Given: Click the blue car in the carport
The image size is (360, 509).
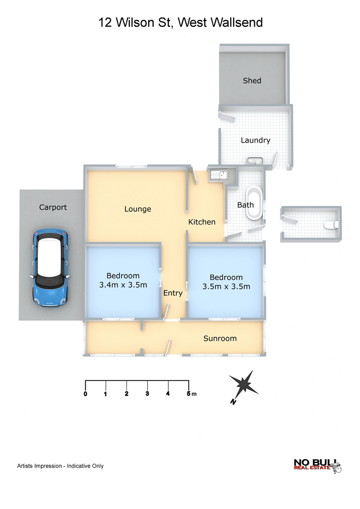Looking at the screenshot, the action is click(50, 268).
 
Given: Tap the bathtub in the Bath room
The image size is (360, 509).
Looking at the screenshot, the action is click(254, 203).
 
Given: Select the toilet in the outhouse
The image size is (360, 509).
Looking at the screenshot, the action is click(332, 225).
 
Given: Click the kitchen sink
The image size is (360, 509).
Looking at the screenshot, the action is click(219, 175).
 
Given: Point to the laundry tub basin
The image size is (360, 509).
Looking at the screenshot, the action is click(255, 161).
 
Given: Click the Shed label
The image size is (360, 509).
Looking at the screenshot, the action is click(252, 80).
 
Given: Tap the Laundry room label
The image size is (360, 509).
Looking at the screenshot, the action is click(256, 140).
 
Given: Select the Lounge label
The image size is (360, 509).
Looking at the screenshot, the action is click(138, 209).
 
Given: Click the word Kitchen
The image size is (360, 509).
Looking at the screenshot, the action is click(202, 222).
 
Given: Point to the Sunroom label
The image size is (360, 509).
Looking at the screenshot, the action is click(220, 338).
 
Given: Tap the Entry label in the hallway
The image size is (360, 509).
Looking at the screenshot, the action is click(173, 293).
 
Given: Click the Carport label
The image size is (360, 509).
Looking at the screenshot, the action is click(53, 207).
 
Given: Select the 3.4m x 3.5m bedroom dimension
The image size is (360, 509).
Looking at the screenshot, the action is click(123, 285).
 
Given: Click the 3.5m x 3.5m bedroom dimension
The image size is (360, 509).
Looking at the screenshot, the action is click(226, 286).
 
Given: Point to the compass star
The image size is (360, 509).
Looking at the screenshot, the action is click(244, 384).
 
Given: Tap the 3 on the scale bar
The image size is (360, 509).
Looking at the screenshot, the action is click(147, 393).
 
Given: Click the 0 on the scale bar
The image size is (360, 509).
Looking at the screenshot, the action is click(85, 394).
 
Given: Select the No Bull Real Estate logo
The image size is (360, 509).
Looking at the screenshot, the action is click(317, 466).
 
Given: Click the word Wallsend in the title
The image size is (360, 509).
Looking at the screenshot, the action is click(237, 22).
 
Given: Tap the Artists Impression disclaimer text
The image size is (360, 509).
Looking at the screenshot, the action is click(60, 466).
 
